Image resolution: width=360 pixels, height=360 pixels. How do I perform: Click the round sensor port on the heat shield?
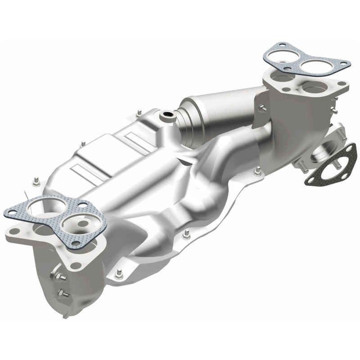pyautogui.click(x=168, y=116)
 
